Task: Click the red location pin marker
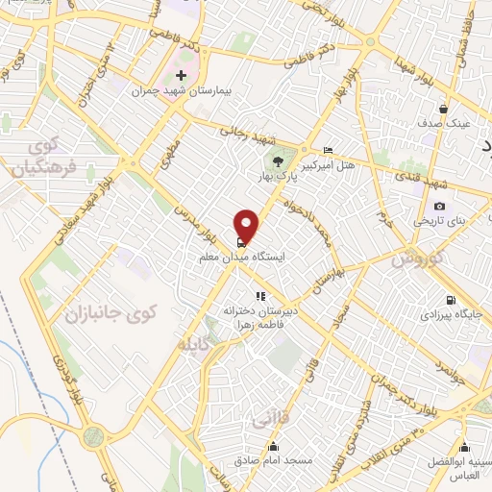point(248,225)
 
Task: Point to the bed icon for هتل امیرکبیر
point(329,150)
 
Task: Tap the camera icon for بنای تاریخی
point(439,206)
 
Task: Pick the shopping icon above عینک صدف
point(442,109)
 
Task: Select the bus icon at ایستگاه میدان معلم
point(239,241)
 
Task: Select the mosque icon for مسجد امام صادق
point(273,446)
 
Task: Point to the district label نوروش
point(414,260)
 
